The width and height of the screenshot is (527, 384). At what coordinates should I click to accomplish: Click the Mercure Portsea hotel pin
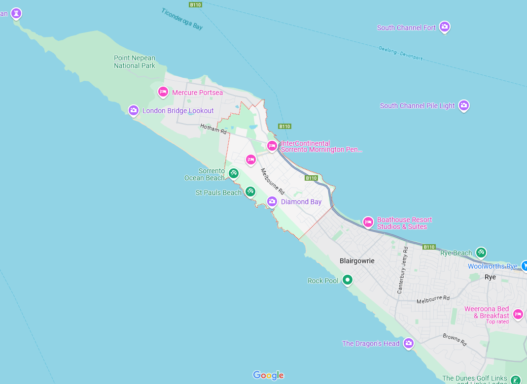pos(163,92)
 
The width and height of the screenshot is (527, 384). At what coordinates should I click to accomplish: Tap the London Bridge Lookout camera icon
pos(133,110)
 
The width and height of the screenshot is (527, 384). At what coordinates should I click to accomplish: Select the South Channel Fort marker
pos(445,27)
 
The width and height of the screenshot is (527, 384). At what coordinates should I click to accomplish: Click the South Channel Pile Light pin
pos(463,105)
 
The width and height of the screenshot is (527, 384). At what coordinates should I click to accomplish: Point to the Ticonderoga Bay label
pos(182,19)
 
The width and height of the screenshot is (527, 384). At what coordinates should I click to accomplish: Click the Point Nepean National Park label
pos(135,62)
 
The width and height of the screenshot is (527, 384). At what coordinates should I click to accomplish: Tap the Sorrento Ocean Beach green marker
pos(234,173)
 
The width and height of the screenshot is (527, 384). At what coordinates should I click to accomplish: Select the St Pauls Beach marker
pos(250,191)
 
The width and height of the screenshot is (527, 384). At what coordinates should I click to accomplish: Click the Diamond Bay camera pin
pos(272,201)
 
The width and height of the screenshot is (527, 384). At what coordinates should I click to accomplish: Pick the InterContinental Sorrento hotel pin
pos(272,145)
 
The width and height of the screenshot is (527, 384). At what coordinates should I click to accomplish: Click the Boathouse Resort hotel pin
pos(368,222)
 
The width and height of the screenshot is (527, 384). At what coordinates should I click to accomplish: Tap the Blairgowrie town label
pos(357,261)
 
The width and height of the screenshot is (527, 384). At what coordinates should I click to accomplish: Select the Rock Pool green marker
pos(348,280)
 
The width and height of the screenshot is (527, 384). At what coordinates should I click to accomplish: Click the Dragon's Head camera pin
pos(408,343)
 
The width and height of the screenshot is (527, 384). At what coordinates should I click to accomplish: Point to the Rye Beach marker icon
pos(481,253)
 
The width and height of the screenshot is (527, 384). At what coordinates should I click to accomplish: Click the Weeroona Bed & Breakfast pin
pos(518,314)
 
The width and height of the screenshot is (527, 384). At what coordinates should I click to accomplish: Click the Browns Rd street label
pos(454,339)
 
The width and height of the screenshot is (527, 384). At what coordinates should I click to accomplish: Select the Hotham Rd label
pos(213,129)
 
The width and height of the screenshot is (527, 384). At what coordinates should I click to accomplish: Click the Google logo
pos(269,375)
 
